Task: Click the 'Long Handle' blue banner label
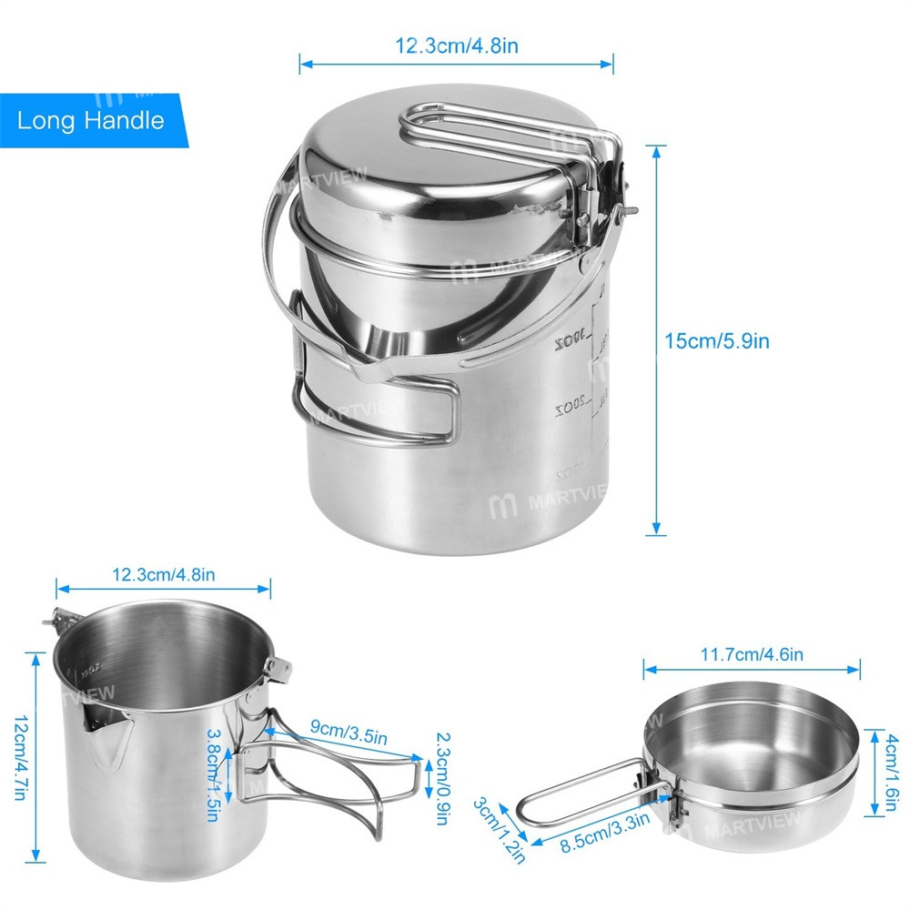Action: (x=90, y=120)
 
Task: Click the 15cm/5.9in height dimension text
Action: (x=718, y=341)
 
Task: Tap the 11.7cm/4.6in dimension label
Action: (x=751, y=653)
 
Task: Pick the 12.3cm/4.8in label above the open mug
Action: (x=164, y=575)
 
